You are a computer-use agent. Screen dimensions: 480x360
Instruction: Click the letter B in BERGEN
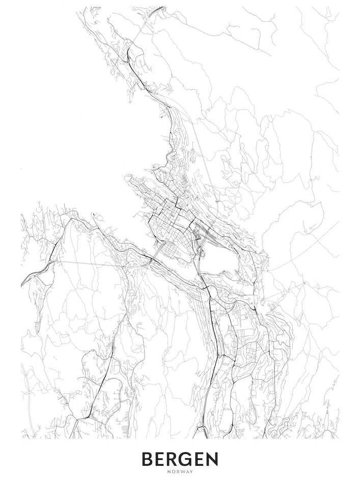coord(148,459)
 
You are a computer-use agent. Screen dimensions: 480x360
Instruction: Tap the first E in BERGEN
coord(161,459)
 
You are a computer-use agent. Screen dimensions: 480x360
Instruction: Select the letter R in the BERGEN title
coord(174,459)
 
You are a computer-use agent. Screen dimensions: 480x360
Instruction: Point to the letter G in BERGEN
coord(188,459)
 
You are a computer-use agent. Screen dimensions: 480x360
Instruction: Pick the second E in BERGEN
coord(202,459)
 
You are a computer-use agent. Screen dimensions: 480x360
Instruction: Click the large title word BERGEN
coord(180,459)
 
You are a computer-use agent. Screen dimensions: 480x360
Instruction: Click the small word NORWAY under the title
coord(180,471)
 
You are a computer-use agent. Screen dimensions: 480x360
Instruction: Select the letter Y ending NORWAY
coord(191,471)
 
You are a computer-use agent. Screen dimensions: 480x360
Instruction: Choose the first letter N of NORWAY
coord(169,471)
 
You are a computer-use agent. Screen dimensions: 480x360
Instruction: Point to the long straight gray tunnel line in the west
coord(92,264)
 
